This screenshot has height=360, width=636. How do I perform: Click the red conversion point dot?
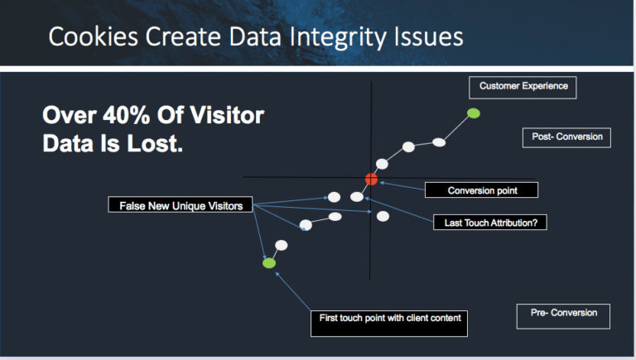(x=371, y=179)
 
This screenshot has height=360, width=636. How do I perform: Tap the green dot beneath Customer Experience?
(x=474, y=113)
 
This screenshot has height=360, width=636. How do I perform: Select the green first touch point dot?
(x=269, y=263)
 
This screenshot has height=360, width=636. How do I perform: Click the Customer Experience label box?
(x=523, y=87)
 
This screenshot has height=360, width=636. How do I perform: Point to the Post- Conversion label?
(x=566, y=137)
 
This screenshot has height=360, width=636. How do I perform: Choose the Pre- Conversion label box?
(x=563, y=316)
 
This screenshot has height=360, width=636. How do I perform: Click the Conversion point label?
(x=481, y=190)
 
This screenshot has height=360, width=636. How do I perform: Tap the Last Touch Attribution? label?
(x=490, y=223)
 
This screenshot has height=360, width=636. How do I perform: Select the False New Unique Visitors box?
(x=181, y=204)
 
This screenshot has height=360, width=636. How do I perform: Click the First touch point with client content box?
(x=389, y=324)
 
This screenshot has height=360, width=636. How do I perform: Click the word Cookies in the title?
(x=94, y=37)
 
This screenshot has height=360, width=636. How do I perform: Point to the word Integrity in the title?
(x=337, y=38)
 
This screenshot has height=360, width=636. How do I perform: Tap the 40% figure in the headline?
(x=126, y=115)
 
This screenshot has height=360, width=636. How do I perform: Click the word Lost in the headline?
(x=155, y=143)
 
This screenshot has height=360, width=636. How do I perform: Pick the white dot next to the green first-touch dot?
(x=281, y=245)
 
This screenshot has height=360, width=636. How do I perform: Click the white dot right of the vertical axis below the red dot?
(x=383, y=217)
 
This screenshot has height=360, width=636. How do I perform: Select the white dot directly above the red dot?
(x=382, y=164)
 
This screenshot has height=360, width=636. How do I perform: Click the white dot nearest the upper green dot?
(x=439, y=142)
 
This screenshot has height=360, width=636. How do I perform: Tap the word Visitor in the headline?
(x=227, y=115)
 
